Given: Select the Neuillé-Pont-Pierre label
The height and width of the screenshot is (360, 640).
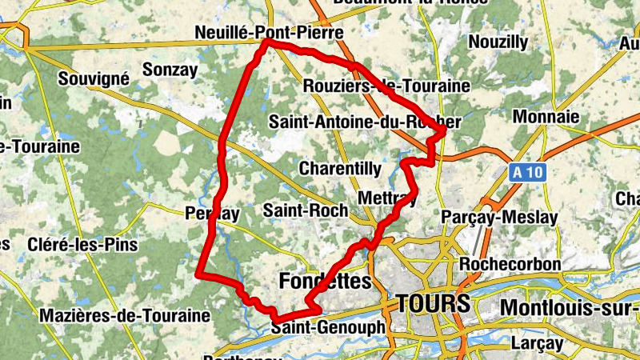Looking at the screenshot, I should [269, 33].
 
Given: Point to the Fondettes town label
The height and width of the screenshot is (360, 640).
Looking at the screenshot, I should [326, 281].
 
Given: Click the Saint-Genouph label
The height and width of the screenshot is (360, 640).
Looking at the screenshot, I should [328, 328].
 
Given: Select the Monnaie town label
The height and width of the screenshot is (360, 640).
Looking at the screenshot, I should [546, 117].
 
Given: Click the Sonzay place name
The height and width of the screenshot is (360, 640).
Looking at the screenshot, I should [170, 70].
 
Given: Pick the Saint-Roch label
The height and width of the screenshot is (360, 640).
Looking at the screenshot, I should [306, 210].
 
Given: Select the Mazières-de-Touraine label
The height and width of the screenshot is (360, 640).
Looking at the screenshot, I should [124, 315].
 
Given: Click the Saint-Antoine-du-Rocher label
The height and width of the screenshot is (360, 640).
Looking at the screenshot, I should [365, 122].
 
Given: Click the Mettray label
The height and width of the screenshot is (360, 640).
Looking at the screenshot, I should [388, 198].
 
